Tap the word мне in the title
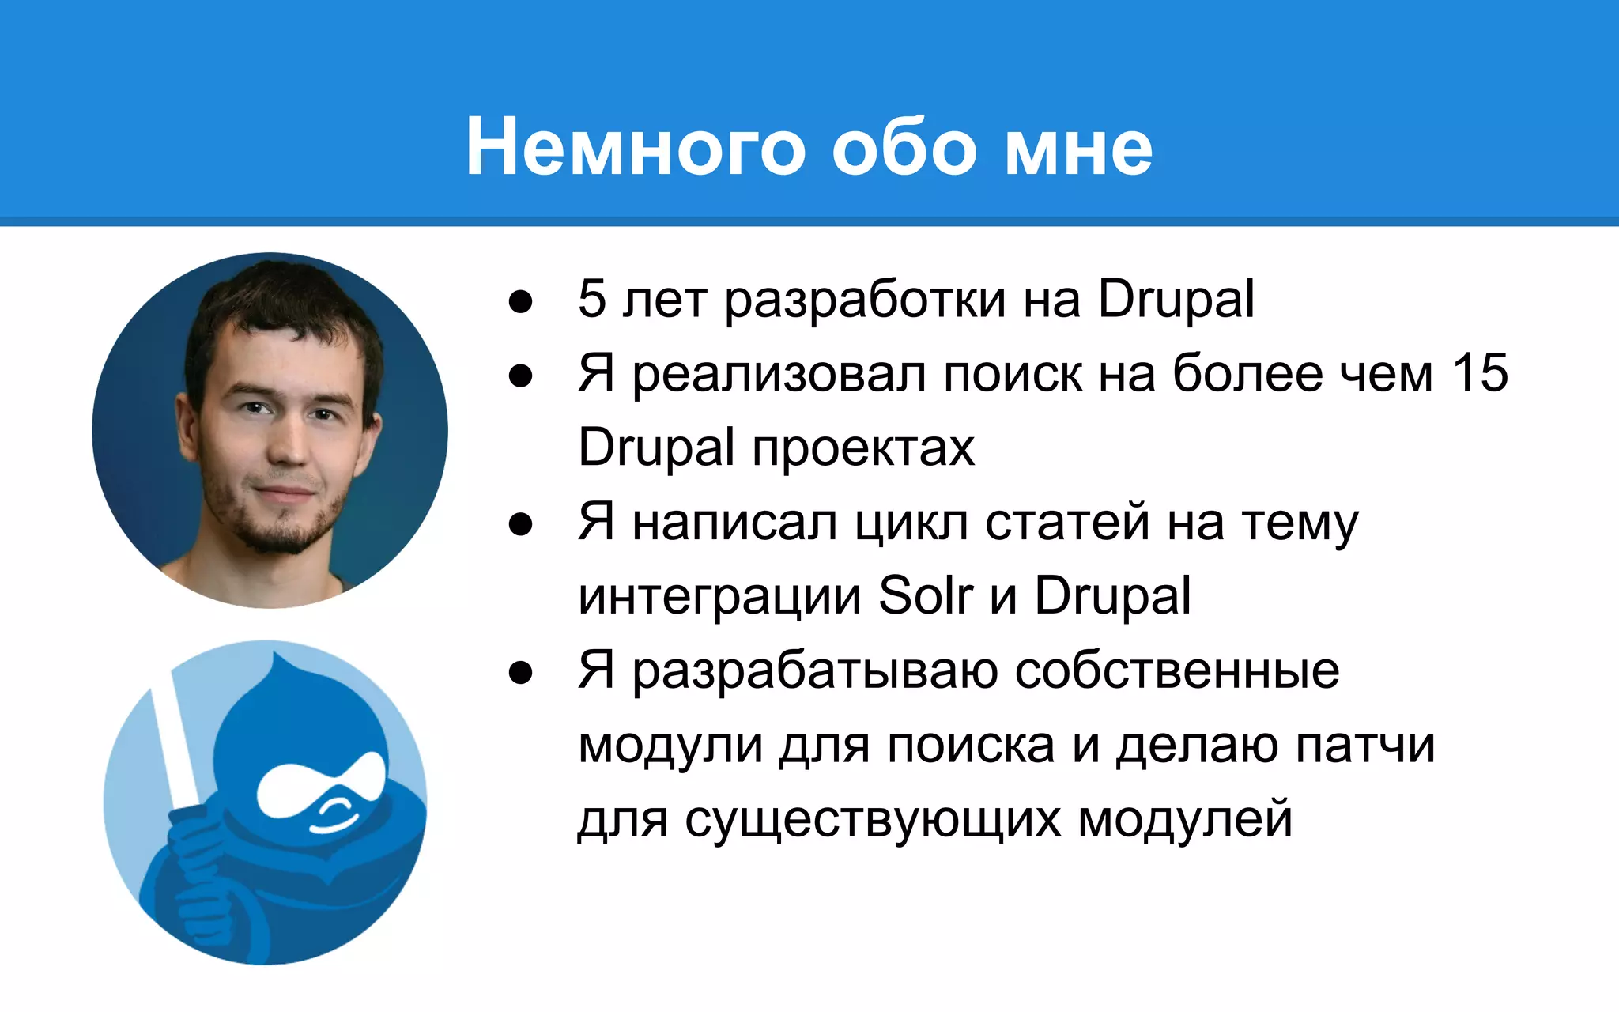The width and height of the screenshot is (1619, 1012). point(1078,148)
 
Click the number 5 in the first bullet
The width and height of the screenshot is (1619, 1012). point(592,299)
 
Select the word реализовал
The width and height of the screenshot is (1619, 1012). point(779,374)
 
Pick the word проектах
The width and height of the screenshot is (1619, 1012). point(863,448)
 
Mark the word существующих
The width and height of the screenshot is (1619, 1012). point(873,819)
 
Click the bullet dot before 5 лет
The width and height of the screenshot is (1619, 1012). point(520,301)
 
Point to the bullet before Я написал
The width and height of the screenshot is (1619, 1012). point(520,524)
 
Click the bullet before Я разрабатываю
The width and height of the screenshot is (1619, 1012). point(520,673)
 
